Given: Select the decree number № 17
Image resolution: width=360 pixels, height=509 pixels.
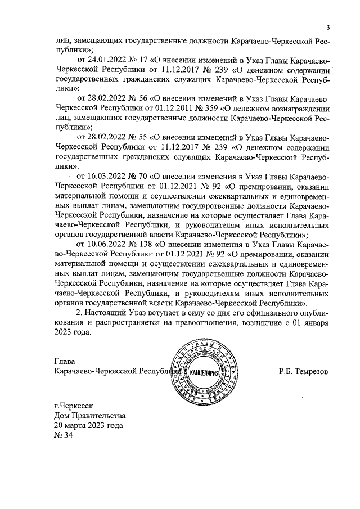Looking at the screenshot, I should click(138, 60).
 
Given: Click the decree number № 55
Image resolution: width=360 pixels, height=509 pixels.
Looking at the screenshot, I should click(138, 138).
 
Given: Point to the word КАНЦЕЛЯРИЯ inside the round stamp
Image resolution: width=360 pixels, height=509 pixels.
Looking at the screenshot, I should click(207, 373).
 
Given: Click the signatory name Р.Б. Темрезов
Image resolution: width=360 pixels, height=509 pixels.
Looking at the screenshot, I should click(303, 372).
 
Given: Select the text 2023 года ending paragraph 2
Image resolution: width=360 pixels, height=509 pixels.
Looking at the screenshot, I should click(73, 332).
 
